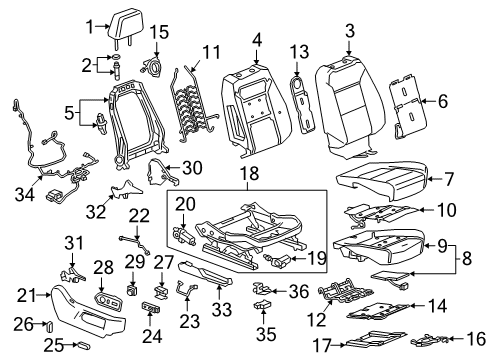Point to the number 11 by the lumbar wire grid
tap(210, 50)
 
